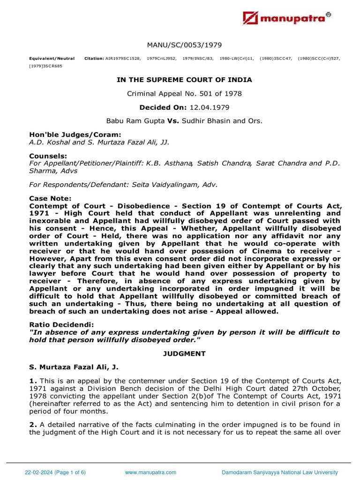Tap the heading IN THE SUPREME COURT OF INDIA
coord(184,80)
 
